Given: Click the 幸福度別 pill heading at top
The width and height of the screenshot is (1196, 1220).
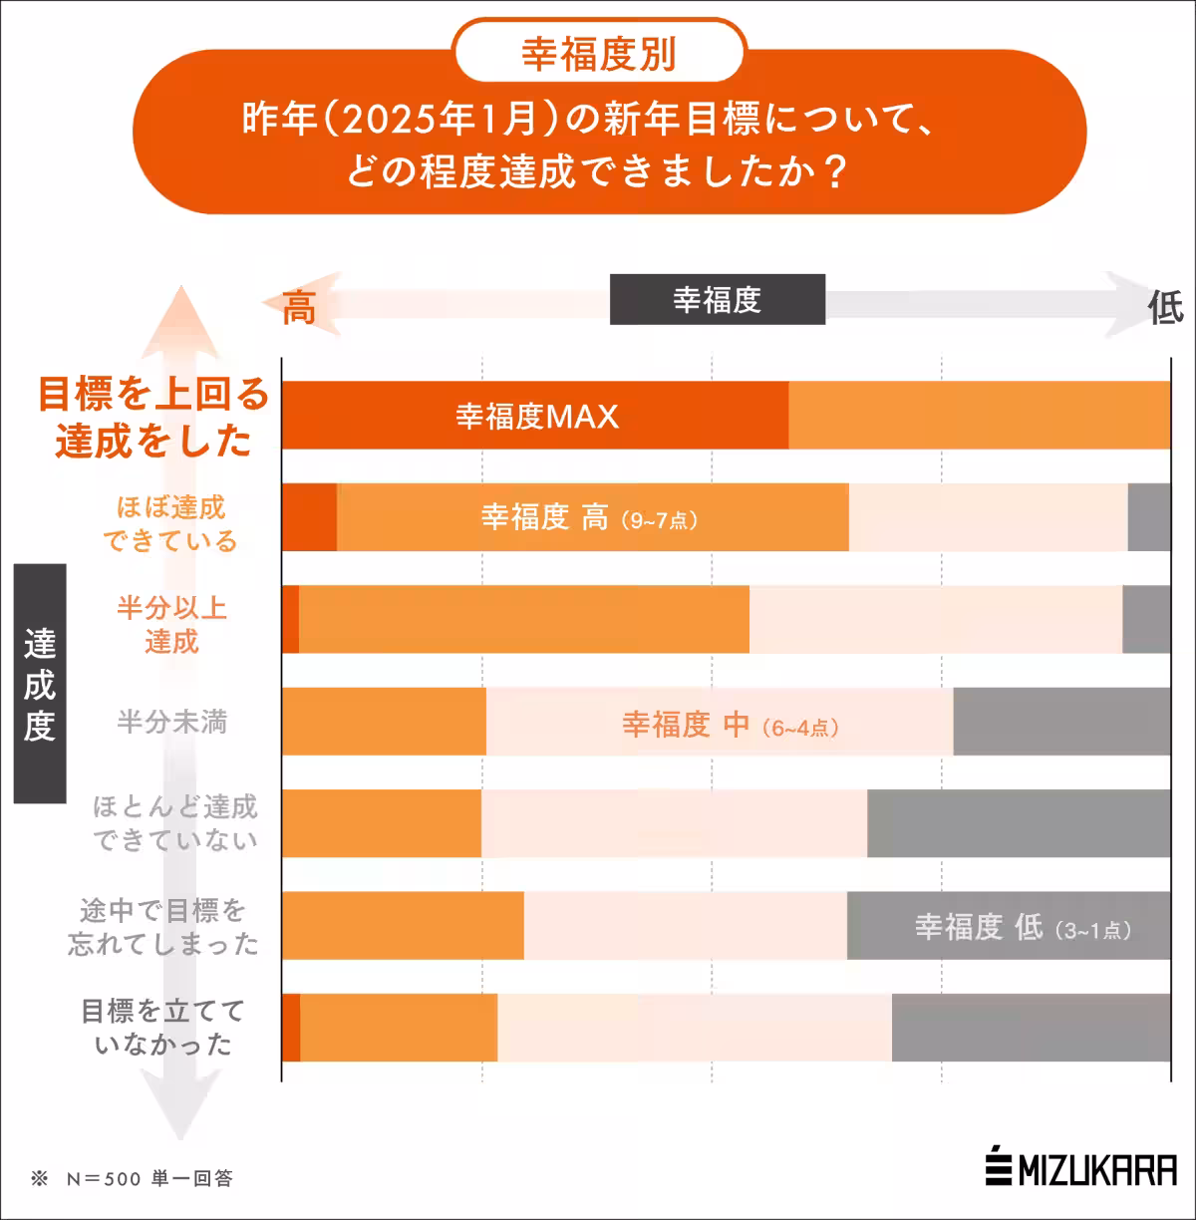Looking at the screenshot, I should pos(599,54).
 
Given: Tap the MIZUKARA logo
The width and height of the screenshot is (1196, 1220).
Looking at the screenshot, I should pos(1081,1169).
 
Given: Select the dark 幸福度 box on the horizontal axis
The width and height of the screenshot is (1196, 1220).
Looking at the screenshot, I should pos(718,299).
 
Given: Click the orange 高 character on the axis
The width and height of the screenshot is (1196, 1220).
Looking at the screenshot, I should pos(298,308).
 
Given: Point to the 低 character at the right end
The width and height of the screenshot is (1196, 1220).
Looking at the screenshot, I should pos(1164,308).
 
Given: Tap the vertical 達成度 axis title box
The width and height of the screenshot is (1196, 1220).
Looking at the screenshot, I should pos(40,684).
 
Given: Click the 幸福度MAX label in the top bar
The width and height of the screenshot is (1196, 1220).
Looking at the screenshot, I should pos(537,416).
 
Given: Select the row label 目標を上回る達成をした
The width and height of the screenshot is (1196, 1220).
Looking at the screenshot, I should pos(154,418).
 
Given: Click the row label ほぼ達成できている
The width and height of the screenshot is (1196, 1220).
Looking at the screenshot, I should pos(170,524).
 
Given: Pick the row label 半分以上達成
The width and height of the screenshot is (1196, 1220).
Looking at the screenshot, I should pos(171,625).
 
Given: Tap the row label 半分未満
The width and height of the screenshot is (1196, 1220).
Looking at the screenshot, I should pos(171,722).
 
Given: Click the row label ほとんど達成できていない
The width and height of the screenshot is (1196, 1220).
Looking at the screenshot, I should pos(175,823).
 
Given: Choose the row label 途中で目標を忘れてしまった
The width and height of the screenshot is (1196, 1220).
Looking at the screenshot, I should pos(163,927).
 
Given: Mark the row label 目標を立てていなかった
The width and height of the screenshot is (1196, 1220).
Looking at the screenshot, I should pos(163,1028).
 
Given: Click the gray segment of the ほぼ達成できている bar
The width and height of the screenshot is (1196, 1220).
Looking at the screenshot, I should pos(1149,517).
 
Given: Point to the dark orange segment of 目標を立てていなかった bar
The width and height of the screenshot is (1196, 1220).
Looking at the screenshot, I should pos(291,1028).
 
